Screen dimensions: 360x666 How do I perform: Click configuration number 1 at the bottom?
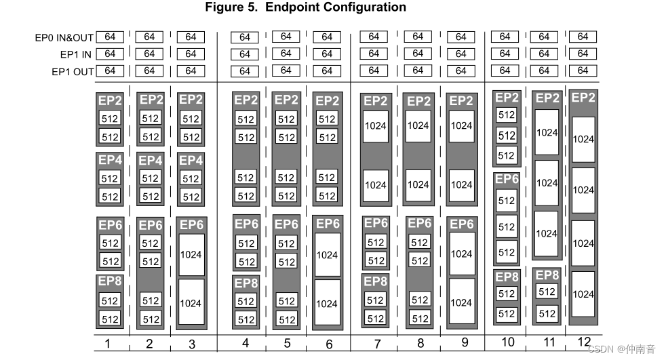(x=107, y=344)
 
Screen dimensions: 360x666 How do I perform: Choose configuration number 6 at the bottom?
(x=329, y=344)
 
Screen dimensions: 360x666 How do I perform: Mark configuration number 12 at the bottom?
(x=584, y=342)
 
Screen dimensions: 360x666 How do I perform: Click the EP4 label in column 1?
(x=110, y=161)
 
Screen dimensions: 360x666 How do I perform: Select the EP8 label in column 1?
(x=110, y=281)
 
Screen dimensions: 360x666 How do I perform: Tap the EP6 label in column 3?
(x=191, y=225)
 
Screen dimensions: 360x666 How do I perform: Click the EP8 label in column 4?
(x=246, y=283)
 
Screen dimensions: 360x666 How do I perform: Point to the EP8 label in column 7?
(x=375, y=281)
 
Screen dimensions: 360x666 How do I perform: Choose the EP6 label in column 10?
(x=507, y=180)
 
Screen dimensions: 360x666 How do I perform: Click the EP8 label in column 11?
(x=547, y=275)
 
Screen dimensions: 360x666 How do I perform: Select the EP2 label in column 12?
(x=584, y=98)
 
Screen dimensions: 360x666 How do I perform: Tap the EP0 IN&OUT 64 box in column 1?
(x=109, y=37)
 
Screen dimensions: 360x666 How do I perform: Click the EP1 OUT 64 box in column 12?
(x=583, y=71)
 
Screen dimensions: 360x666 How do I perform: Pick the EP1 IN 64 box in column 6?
(x=328, y=54)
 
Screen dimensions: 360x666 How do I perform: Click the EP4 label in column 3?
(x=191, y=161)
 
